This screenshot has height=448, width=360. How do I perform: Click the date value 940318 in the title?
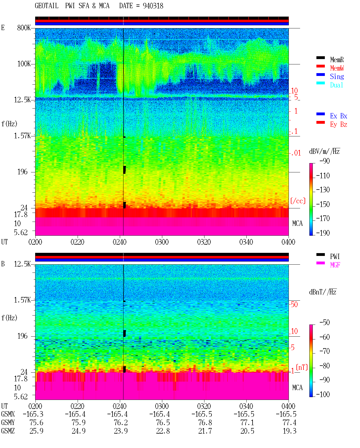point(153,6)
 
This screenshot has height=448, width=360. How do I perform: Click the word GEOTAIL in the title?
point(47,6)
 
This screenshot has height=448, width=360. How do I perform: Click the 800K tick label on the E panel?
point(24,28)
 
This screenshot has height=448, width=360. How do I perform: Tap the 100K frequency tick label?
point(24,64)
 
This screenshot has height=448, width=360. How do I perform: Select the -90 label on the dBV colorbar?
point(325,161)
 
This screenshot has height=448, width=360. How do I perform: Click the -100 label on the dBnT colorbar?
point(323,394)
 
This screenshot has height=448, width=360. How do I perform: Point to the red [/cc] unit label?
point(298,201)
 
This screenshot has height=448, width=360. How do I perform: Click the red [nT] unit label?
point(302,367)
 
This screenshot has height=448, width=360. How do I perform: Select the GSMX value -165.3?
point(33,414)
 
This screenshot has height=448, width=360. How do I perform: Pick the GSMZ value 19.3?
point(289,431)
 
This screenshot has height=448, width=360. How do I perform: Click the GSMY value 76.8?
point(205,423)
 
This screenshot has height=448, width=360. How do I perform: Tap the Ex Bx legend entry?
point(339,116)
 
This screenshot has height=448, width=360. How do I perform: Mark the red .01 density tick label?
point(296,153)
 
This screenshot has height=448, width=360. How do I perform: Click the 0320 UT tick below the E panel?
point(204,242)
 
